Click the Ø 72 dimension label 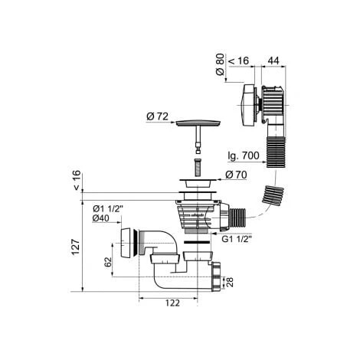pyautogui.click(x=157, y=116)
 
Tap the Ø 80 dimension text pyautogui.click(x=220, y=64)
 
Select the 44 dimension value pyautogui.click(x=273, y=61)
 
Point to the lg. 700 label pyautogui.click(x=244, y=155)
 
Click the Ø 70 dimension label pyautogui.click(x=236, y=175)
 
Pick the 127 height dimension pyautogui.click(x=76, y=247)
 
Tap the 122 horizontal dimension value pyautogui.click(x=172, y=303)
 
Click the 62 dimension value pyautogui.click(x=108, y=262)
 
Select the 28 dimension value pyautogui.click(x=230, y=282)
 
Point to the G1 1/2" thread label pyautogui.click(x=237, y=239)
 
